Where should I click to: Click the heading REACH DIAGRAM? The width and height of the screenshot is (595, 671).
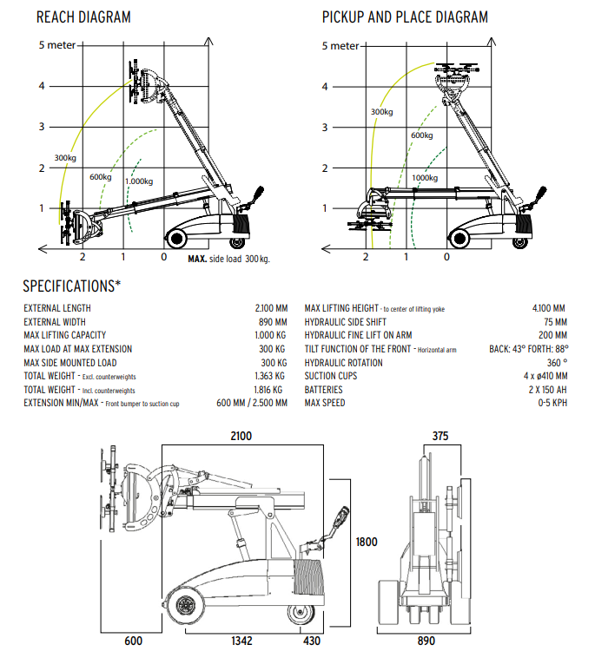[83, 17]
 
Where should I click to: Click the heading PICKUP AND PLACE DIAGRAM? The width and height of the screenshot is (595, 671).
[405, 17]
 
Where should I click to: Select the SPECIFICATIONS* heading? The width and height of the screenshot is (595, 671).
[72, 286]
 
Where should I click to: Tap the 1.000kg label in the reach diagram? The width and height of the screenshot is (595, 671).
[139, 181]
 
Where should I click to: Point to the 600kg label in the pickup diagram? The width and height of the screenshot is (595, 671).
[421, 135]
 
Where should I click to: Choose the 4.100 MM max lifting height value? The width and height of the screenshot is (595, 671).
[548, 308]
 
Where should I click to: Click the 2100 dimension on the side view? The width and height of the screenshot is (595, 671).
[241, 436]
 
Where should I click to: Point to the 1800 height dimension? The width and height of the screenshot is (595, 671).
[367, 543]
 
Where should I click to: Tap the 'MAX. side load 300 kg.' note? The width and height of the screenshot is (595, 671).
[228, 259]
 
